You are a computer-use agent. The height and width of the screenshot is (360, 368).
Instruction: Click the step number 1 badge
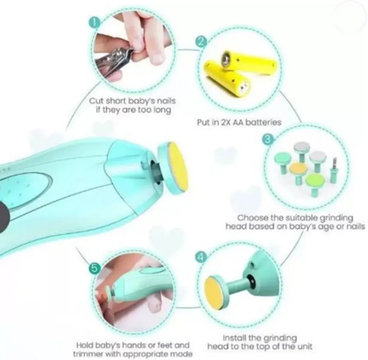[x=94, y=23]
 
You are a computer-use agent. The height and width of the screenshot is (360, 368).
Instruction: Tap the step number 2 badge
[x=202, y=41]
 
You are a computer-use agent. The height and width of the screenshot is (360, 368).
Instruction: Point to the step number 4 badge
[x=202, y=257]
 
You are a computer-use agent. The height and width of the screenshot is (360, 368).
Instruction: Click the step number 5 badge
[x=94, y=269]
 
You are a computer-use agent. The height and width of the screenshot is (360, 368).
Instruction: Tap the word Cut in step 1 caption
[x=97, y=101]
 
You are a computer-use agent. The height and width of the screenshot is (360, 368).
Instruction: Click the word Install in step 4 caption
[x=235, y=338]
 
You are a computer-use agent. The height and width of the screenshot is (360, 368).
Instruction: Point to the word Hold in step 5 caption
[x=84, y=345]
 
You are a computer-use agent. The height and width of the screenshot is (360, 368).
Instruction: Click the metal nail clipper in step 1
[x=113, y=61]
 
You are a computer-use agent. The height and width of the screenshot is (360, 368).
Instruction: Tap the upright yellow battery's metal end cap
[x=226, y=59]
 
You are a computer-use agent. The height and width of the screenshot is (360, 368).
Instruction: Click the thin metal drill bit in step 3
[x=333, y=170]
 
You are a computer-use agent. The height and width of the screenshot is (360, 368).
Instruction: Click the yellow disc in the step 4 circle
[x=212, y=295]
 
